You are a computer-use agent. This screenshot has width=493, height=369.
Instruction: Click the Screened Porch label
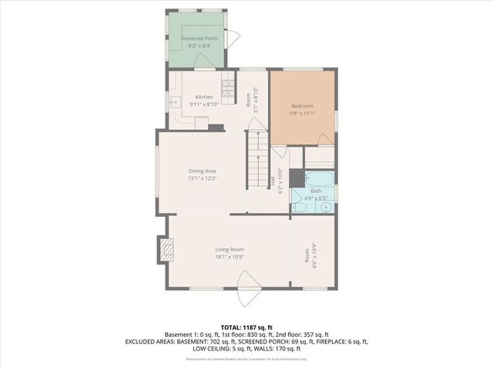[x=200, y=38]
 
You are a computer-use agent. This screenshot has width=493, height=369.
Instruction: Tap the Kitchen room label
[x=203, y=97]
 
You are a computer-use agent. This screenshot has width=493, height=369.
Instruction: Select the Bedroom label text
[x=302, y=105]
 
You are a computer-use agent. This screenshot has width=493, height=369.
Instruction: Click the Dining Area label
[x=202, y=171]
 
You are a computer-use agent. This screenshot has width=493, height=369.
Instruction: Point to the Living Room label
[x=230, y=249]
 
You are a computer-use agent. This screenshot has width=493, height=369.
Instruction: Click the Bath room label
[x=316, y=191]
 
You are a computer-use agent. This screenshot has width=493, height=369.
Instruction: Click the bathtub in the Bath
[x=319, y=180]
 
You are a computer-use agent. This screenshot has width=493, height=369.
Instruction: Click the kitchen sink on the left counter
[x=175, y=102]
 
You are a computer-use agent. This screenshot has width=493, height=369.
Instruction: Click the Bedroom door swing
[x=326, y=139]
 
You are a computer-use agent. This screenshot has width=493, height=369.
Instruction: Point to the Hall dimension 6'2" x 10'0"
[x=280, y=181]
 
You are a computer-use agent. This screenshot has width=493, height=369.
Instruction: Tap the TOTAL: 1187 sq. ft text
[x=246, y=327]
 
